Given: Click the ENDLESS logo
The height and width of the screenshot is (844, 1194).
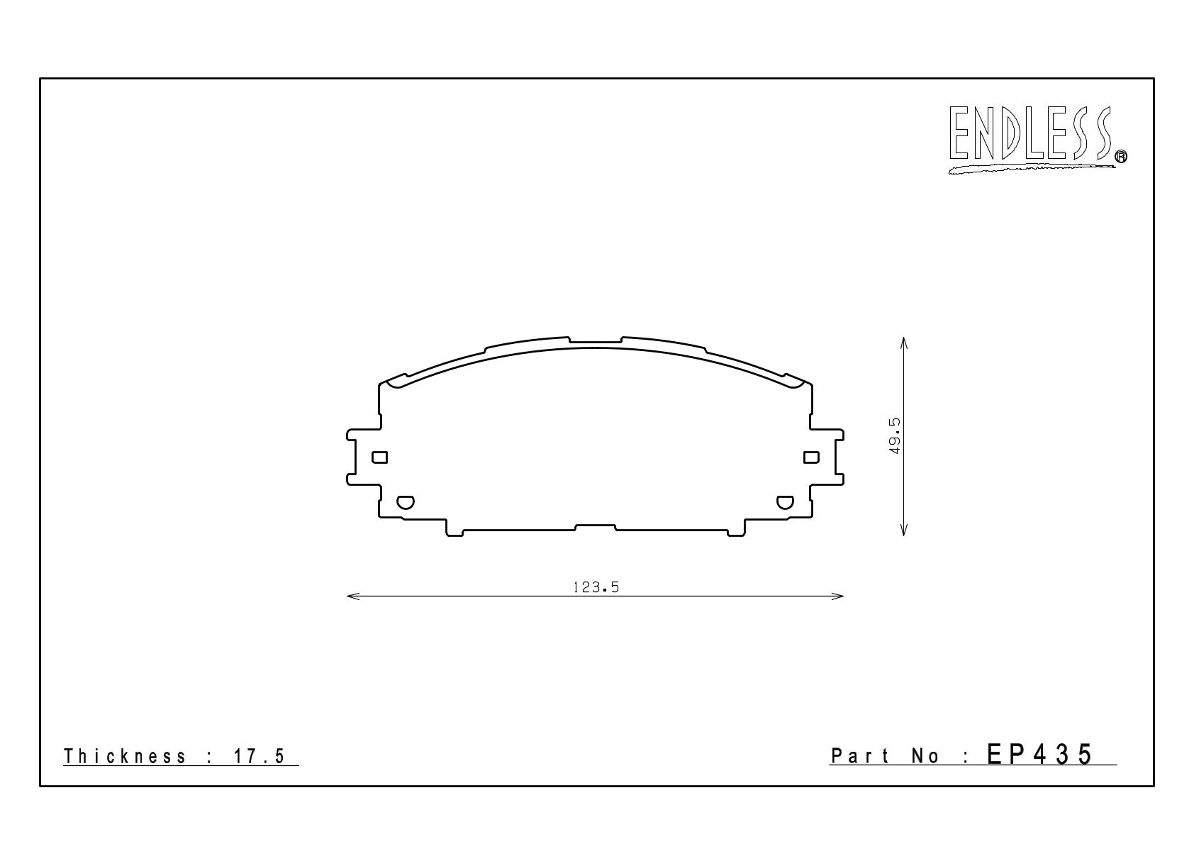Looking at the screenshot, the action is [1037, 139].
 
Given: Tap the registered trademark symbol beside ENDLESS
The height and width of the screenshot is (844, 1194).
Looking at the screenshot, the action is [1122, 156].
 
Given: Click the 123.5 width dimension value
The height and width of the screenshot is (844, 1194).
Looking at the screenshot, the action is [596, 587].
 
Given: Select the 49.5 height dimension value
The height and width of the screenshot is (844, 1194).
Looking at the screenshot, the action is [894, 435].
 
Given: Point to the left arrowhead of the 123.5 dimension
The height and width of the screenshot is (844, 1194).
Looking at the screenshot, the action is [353, 596].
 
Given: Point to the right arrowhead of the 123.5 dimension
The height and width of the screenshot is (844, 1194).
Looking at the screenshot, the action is [837, 596].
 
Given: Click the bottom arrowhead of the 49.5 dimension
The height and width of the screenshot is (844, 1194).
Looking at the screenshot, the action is [903, 529].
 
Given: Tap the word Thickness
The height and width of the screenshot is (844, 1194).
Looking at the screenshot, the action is [125, 756].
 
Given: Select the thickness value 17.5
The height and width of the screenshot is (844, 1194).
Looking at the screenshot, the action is [260, 756].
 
